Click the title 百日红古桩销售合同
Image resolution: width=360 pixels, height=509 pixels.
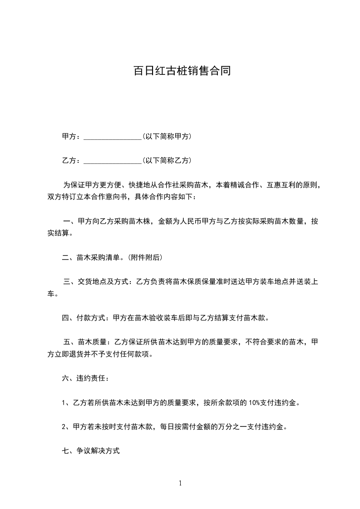[x=182, y=71]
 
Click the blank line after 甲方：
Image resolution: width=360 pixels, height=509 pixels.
[x=113, y=137]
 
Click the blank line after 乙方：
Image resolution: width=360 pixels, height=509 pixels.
[x=113, y=161]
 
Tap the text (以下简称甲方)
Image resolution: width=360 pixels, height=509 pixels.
[x=167, y=136]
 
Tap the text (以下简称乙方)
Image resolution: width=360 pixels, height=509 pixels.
[x=167, y=160]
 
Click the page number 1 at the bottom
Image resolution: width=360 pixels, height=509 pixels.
[x=180, y=483]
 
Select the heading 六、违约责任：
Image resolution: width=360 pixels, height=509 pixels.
[x=85, y=378]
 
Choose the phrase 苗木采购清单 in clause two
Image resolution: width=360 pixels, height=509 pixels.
[x=97, y=258]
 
